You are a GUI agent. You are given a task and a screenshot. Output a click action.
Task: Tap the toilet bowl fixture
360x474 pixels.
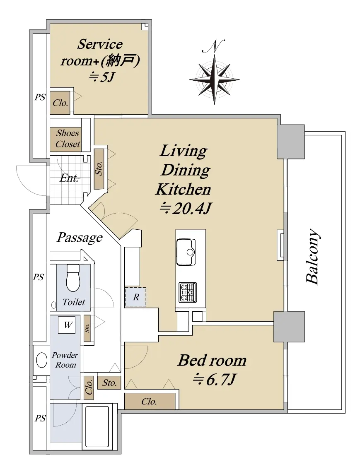(x=73, y=278)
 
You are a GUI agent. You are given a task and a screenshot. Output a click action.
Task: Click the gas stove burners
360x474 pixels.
(x=188, y=292)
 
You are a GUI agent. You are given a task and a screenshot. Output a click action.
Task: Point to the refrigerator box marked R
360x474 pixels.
(x=135, y=298)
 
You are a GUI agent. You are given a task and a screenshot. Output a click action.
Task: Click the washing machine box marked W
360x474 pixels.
(x=68, y=325)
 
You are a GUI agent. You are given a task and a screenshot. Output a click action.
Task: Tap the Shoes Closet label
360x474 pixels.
(x=68, y=139)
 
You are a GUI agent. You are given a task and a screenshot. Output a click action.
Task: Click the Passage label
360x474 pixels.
(x=80, y=238)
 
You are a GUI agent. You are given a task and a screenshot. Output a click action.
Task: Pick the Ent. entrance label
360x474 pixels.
(x=69, y=178)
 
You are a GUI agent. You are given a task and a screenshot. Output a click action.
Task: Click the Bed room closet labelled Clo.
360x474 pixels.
(x=150, y=402)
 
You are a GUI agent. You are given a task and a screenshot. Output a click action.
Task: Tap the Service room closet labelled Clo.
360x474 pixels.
(x=60, y=103)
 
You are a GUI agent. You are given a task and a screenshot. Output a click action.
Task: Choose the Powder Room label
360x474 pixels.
(x=65, y=360)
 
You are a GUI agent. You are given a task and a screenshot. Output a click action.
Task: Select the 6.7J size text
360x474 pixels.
(x=214, y=380)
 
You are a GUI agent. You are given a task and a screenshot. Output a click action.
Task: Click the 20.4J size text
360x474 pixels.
(x=185, y=209)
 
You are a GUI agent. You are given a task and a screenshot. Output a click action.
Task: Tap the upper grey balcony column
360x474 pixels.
(x=291, y=142)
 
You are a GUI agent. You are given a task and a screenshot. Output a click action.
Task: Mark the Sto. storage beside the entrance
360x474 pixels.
(x=99, y=168)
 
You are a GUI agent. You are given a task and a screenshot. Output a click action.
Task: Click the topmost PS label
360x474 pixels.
(x=40, y=97)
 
